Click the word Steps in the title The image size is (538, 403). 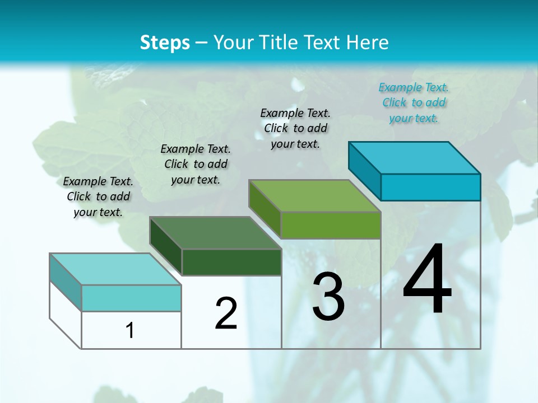pyautogui.click(x=165, y=43)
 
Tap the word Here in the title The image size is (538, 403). pyautogui.click(x=367, y=43)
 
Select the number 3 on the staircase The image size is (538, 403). pyautogui.click(x=328, y=297)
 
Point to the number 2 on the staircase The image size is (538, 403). pyautogui.click(x=226, y=313)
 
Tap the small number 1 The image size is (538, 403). pyautogui.click(x=130, y=330)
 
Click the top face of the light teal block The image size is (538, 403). pyautogui.click(x=115, y=269)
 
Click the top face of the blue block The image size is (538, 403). pyautogui.click(x=415, y=158)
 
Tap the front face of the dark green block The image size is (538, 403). pyautogui.click(x=231, y=262)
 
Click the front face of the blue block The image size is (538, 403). pyautogui.click(x=430, y=187)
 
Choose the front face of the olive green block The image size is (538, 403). pyautogui.click(x=331, y=225)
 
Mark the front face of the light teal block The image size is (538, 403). pyautogui.click(x=131, y=298)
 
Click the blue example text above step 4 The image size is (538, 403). pyautogui.click(x=414, y=102)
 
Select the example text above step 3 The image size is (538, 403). pyautogui.click(x=295, y=128)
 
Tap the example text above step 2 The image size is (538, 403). pyautogui.click(x=196, y=164)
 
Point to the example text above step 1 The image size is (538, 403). pyautogui.click(x=98, y=196)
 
